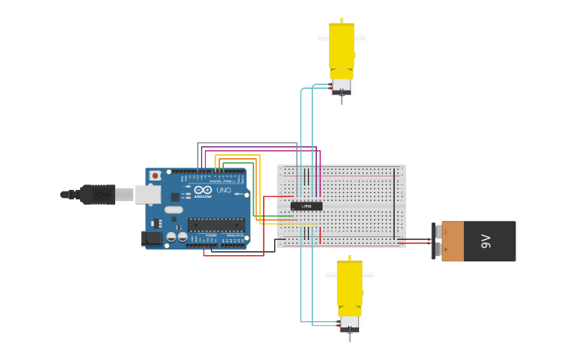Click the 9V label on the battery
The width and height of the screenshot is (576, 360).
(487, 241)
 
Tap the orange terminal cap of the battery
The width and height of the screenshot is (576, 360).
(452, 241)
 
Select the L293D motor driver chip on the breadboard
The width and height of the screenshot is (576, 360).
(306, 206)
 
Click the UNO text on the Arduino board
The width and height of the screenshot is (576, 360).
(223, 191)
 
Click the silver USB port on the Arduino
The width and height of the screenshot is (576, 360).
(147, 194)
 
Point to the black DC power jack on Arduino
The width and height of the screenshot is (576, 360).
(152, 238)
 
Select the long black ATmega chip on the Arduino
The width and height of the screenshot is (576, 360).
(216, 225)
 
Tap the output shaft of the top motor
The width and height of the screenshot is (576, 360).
(342, 100)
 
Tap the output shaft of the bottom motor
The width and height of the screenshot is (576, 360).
(350, 337)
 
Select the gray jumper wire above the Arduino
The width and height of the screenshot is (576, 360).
(246, 144)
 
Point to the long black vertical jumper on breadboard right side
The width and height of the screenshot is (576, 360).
(393, 203)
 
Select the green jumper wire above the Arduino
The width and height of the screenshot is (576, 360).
(238, 163)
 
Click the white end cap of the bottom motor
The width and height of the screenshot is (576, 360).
(350, 323)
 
